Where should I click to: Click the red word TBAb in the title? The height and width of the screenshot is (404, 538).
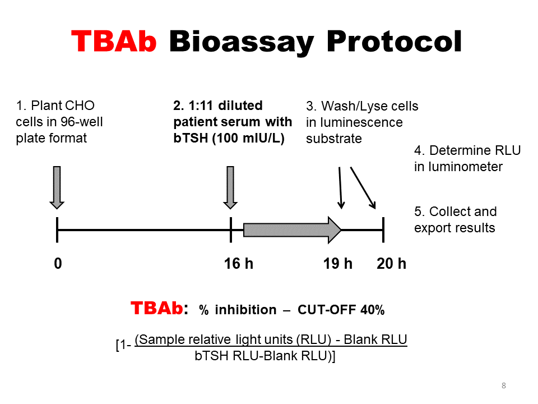pos(114,41)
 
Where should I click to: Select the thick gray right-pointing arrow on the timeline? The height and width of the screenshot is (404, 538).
pos(292,229)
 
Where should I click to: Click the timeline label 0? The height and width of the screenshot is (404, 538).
pos(58,263)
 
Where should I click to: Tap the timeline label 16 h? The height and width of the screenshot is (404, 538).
pos(239,263)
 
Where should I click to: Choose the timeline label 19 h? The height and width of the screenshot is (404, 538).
pos(338,263)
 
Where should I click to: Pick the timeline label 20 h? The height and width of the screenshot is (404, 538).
pos(392,263)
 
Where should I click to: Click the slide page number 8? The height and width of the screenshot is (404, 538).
pos(504,385)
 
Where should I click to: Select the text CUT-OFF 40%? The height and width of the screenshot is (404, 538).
pos(341,310)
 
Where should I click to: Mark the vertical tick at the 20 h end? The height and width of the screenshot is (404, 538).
pos(383,229)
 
